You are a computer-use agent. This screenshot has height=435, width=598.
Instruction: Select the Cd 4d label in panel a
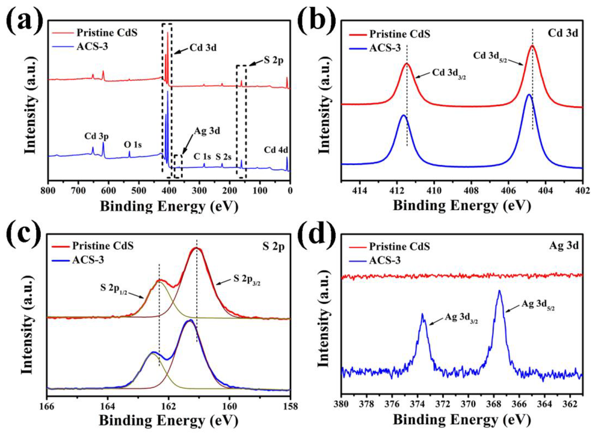[276, 150]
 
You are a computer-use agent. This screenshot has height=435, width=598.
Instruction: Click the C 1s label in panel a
[202, 157]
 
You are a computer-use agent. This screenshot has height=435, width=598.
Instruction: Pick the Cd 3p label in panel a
[97, 136]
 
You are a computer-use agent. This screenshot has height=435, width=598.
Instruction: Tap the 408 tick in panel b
[471, 191]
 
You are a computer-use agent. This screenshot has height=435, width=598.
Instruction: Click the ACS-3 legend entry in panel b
[385, 48]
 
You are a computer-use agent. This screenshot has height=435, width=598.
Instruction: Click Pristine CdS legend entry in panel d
[399, 247]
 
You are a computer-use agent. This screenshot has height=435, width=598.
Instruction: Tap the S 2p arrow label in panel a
[273, 61]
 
